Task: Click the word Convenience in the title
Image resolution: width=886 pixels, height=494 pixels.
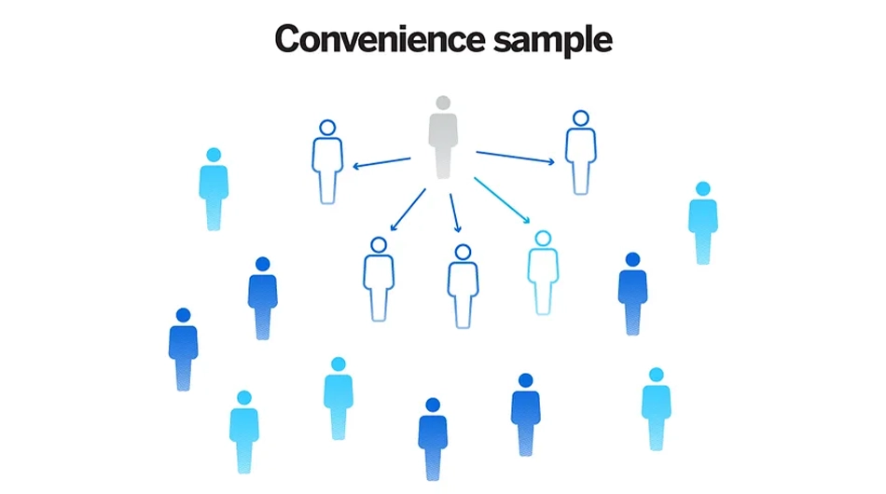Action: (380, 39)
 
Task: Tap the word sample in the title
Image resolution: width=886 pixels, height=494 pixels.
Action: (553, 41)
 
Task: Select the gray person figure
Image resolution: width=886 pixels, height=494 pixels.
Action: (443, 137)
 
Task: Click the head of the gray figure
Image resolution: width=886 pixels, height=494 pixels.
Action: (443, 103)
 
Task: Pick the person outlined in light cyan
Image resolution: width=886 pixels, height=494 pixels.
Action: (543, 273)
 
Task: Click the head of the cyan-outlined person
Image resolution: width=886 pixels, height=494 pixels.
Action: (543, 239)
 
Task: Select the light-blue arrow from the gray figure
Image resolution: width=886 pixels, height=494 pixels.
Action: (502, 200)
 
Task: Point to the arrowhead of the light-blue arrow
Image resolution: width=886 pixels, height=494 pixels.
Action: (527, 220)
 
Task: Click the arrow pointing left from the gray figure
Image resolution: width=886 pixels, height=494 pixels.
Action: (381, 163)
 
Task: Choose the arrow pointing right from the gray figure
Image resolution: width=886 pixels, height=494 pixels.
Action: (516, 158)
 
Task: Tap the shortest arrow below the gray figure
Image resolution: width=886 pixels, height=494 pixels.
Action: (455, 213)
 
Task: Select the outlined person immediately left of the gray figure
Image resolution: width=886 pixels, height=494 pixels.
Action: (327, 162)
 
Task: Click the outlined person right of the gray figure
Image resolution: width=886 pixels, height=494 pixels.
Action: (581, 153)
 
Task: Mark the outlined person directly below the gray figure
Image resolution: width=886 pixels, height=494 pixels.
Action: (463, 286)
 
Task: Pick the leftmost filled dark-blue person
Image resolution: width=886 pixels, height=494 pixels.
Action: (183, 350)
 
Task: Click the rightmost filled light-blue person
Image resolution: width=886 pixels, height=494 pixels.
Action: (703, 223)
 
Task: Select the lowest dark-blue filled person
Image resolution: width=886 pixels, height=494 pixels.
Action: (433, 439)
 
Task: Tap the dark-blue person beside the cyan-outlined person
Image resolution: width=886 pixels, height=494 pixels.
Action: (633, 294)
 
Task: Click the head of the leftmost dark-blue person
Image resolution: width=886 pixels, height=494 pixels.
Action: (183, 315)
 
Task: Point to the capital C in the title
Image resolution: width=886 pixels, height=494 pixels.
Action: (287, 39)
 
